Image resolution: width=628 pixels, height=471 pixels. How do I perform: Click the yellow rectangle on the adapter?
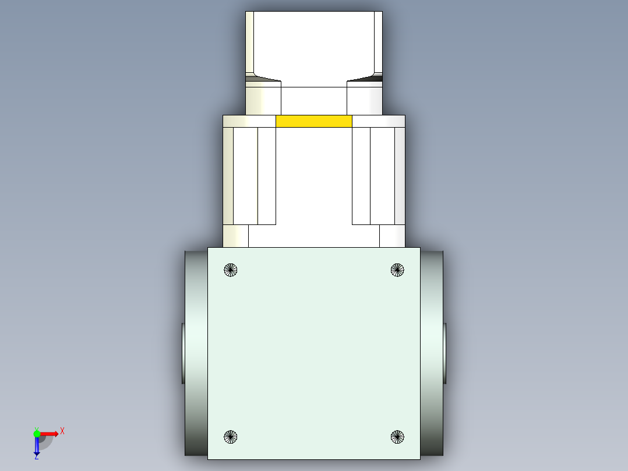click(x=313, y=121)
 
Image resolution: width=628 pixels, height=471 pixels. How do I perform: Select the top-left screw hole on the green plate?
click(x=231, y=270)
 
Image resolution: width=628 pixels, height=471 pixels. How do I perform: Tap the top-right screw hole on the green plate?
click(x=397, y=270)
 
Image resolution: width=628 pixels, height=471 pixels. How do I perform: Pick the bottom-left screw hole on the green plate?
click(x=231, y=436)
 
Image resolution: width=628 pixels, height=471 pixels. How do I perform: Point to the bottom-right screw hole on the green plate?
click(x=397, y=436)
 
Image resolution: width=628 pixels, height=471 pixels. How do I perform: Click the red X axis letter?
click(x=62, y=431)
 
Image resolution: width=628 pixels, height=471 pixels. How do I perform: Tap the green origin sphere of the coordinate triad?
click(x=37, y=433)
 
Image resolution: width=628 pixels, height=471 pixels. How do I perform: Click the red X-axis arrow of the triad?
click(x=50, y=434)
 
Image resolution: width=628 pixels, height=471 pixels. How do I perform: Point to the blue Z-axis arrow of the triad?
click(x=36, y=447)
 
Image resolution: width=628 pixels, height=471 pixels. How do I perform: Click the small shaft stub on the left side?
click(x=183, y=353)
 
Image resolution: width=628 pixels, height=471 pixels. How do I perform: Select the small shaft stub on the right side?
click(x=444, y=353)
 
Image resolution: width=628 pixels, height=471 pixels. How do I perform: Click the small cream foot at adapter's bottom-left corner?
click(x=236, y=236)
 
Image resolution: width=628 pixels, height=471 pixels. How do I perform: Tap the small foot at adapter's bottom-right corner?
click(x=392, y=236)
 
